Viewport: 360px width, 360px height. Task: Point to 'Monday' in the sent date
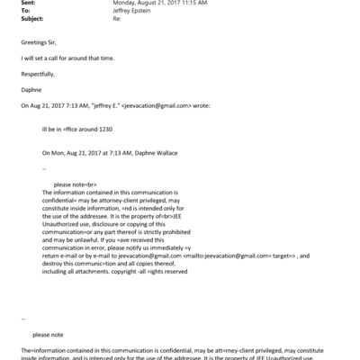click(124, 4)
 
